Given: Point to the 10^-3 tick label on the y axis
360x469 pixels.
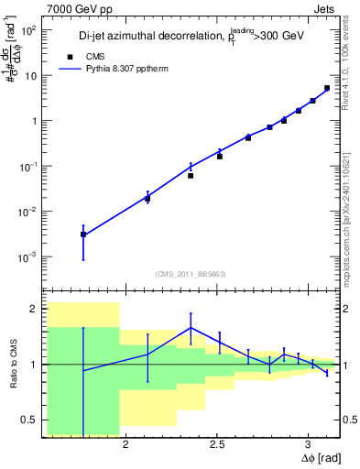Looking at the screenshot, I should point(27,257).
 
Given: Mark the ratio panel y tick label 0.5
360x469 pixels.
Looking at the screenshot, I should point(27,420).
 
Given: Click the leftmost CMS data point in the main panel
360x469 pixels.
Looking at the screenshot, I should point(83,234).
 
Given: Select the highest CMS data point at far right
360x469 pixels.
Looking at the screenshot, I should point(327,89).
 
